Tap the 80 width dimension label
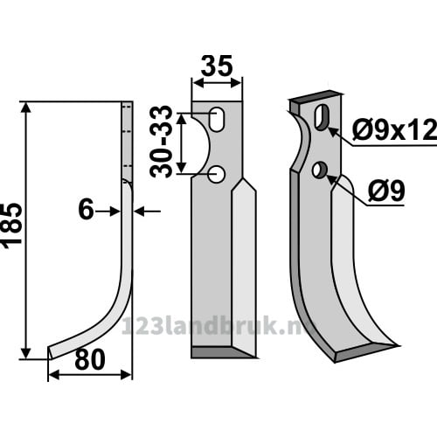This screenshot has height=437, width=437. click(90, 359)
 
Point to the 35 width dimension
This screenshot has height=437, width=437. click(217, 66)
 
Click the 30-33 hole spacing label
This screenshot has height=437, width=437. click(161, 142)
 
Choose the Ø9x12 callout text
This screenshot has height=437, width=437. click(394, 130)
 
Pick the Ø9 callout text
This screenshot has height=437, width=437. click(386, 191)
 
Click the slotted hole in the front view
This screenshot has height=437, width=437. click(217, 120)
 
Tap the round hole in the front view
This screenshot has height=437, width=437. click(216, 174)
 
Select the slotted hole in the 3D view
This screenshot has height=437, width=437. click(322, 117)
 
